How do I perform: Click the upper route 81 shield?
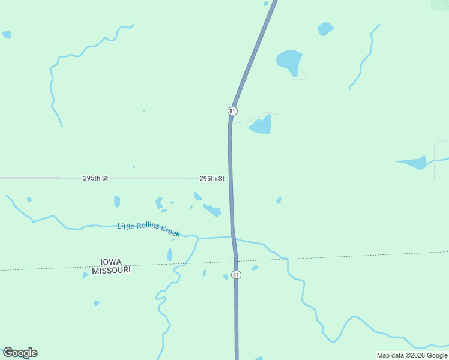click(232, 111)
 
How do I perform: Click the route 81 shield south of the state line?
click(236, 275)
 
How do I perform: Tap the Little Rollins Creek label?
click(148, 229)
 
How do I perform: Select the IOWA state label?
click(112, 262)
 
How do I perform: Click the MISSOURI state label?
click(112, 271)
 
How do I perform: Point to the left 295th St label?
click(95, 178)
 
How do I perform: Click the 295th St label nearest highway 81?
click(212, 179)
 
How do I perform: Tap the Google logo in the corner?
click(20, 353)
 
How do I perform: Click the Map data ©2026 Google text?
click(412, 355)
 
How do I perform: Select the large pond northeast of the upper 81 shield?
click(289, 61)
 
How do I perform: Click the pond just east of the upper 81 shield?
click(262, 125)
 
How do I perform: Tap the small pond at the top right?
click(325, 28)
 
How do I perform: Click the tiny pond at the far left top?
click(7, 35)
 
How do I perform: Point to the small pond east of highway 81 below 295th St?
click(279, 200)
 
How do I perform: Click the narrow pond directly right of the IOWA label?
click(170, 255)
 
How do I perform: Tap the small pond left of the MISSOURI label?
click(85, 275)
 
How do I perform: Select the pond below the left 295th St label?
click(117, 201)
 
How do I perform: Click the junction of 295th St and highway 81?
click(230, 178)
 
